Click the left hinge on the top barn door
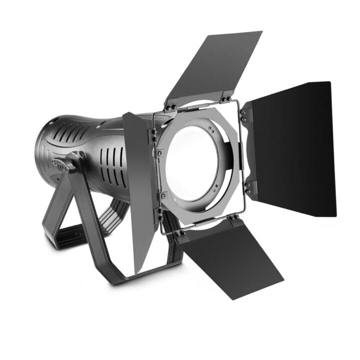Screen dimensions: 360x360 click(171, 105)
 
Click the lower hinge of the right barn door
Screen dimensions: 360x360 click(247, 188)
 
